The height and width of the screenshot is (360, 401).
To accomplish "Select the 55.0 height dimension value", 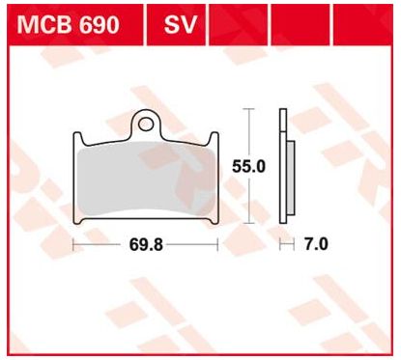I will [249, 166].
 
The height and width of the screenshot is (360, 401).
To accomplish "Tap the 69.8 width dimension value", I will [146, 245].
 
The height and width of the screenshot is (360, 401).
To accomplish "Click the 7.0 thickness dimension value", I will [316, 245].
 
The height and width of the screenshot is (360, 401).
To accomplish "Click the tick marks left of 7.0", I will [286, 245].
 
